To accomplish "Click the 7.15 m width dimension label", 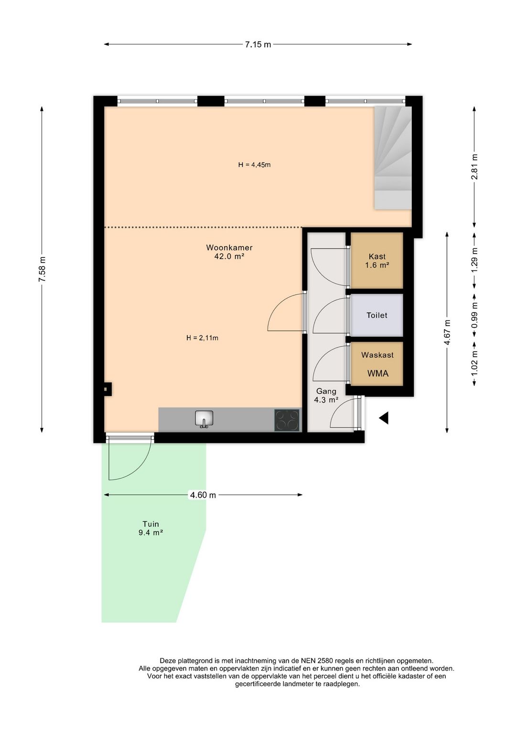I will pos(258,45).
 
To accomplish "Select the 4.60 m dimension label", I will pos(203,495).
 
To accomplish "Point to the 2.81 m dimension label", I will pos(474,167).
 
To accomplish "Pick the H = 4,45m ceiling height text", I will pos(255,165).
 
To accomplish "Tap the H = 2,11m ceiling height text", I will pos(202,338).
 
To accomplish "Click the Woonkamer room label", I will pos(229,248).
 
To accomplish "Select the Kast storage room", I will pos(377,260).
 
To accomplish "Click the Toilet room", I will pos(377,315).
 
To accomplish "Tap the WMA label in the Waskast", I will pos(377,374).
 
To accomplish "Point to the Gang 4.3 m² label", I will pos(326,396).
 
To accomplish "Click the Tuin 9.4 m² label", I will pos(150,528).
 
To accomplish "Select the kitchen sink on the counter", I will pos(204,419).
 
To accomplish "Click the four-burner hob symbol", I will pos(287,420).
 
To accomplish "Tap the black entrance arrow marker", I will pos(384,418).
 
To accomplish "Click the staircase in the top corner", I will pos(393,158).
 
